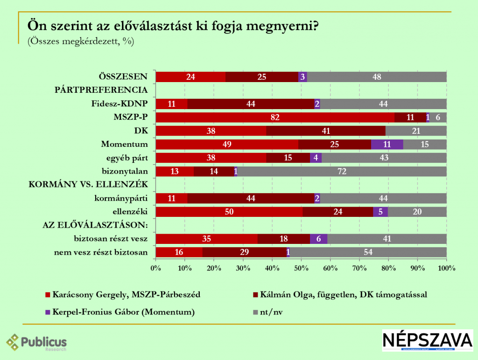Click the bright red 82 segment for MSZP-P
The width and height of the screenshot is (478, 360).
click(275, 117)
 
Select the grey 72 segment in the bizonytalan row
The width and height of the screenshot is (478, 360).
click(342, 171)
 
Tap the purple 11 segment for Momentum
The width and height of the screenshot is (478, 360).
click(387, 144)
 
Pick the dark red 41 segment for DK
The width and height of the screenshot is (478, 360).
click(326, 131)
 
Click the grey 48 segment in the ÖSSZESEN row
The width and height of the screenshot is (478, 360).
click(377, 77)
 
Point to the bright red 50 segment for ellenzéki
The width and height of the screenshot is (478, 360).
click(229, 212)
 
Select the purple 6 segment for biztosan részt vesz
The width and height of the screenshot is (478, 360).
click(318, 239)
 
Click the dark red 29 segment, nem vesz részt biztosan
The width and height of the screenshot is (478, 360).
click(245, 252)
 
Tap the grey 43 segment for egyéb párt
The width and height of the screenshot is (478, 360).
click(384, 158)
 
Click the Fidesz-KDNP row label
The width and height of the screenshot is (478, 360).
click(120, 104)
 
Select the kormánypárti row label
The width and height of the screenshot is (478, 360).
click(122, 198)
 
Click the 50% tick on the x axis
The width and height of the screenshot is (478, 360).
click(301, 268)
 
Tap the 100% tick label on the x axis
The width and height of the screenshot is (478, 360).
click(446, 268)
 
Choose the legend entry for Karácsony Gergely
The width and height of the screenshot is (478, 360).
click(127, 294)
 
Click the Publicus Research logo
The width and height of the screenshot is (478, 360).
click(36, 344)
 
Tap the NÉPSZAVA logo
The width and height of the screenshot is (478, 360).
click(427, 340)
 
